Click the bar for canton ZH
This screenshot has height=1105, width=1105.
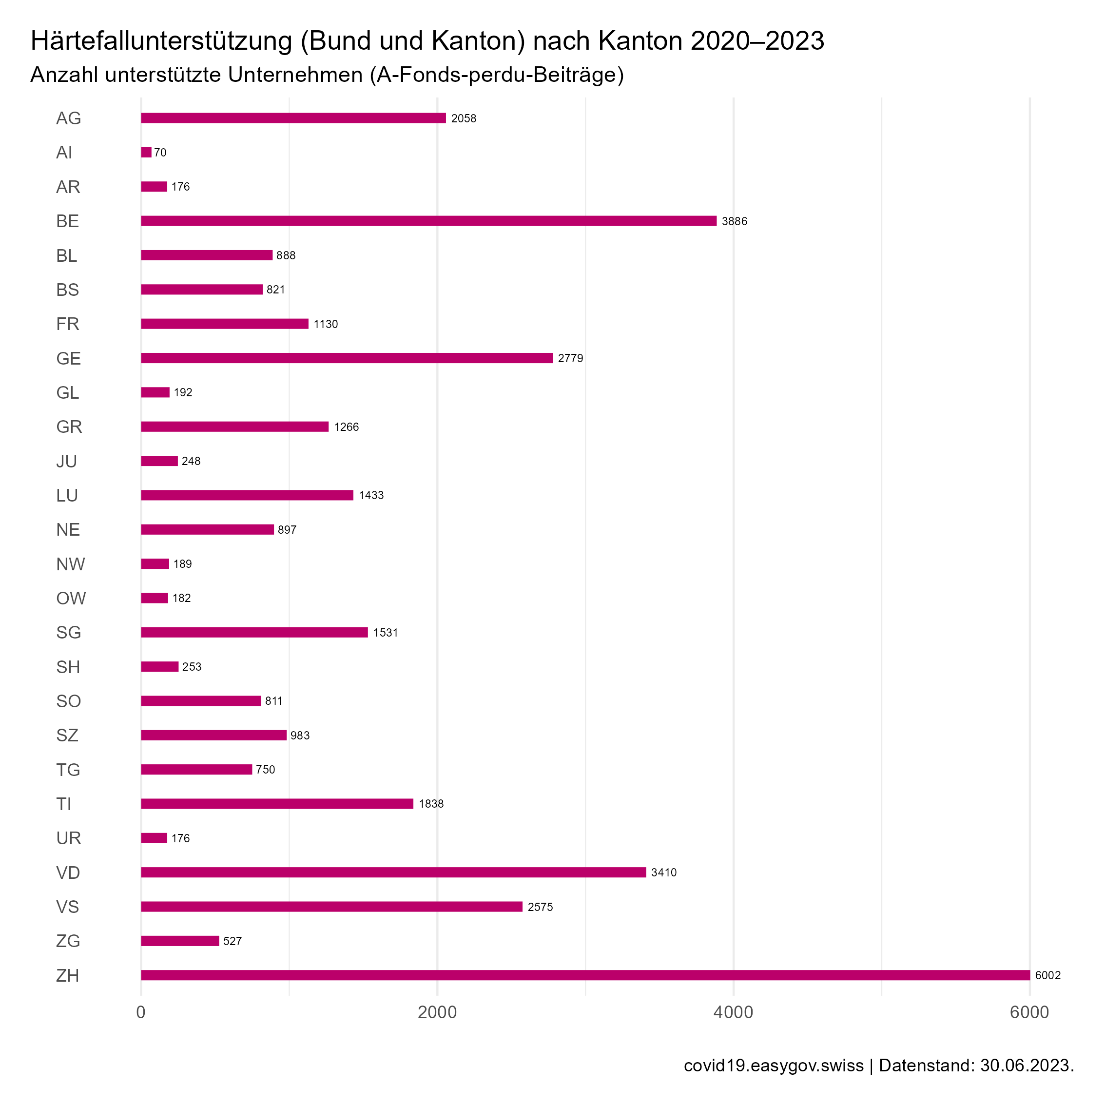[584, 975]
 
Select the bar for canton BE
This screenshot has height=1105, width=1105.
[428, 221]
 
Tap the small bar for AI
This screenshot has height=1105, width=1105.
[146, 153]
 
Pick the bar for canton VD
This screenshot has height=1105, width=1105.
[393, 872]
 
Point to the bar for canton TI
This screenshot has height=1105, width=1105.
[277, 804]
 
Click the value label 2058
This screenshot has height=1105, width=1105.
[463, 118]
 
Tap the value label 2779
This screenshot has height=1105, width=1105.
[570, 358]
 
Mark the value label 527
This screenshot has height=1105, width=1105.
[232, 941]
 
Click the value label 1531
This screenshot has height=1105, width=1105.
[385, 633]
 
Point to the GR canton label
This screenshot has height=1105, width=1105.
[69, 426]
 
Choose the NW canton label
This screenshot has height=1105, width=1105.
[70, 564]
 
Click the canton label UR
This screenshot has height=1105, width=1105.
[69, 838]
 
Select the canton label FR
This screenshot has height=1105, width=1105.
[67, 324]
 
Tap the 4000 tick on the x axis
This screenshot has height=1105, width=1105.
[733, 1012]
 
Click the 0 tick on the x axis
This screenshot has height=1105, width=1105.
[141, 1012]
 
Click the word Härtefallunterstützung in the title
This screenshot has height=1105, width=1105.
[161, 41]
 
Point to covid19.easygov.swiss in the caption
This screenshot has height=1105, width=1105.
[773, 1066]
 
